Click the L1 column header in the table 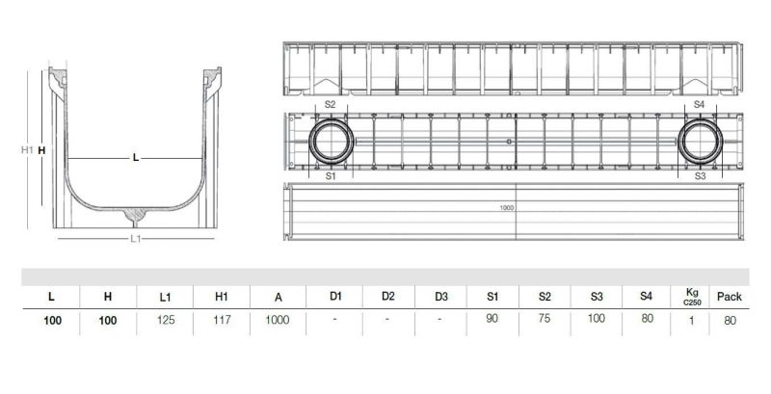point(165,297)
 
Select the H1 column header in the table point(222,297)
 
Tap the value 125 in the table point(166,321)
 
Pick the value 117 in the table point(222,321)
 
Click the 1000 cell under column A point(278,321)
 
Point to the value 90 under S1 point(492,319)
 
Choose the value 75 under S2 point(544,318)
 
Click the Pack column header point(730,297)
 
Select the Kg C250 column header point(692,297)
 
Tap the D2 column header point(388,297)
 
